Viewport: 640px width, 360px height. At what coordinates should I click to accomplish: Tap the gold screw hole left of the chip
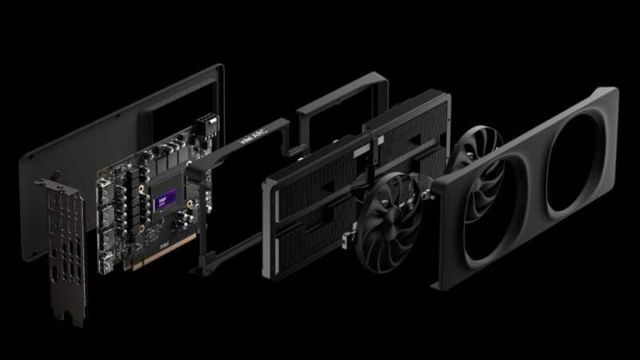141,192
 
